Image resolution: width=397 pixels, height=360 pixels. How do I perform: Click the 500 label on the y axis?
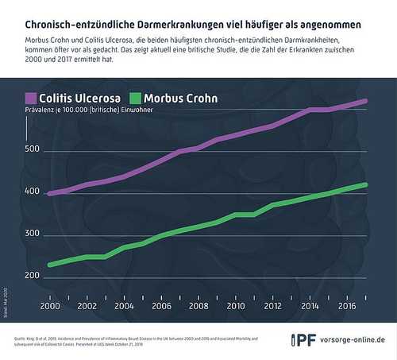click(x=33, y=149)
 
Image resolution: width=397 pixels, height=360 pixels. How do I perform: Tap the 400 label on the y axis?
click(x=33, y=192)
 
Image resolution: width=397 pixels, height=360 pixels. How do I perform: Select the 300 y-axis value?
click(x=33, y=234)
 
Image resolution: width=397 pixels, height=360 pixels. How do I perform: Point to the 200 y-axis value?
click(x=33, y=276)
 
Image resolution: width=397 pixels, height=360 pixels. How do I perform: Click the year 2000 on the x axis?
click(x=50, y=306)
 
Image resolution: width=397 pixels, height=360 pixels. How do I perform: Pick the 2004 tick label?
click(x=124, y=306)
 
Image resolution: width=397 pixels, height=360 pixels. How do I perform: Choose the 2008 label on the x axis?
click(x=198, y=306)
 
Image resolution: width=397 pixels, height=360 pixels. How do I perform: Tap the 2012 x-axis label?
click(x=272, y=306)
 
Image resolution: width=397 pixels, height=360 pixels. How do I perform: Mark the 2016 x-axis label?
click(x=346, y=306)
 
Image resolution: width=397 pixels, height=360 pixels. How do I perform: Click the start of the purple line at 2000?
click(x=50, y=193)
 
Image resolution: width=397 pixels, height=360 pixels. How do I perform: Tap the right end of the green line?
click(x=366, y=184)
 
